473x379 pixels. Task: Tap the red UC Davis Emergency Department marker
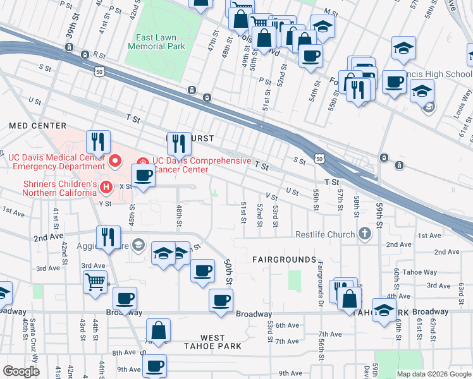(115, 162)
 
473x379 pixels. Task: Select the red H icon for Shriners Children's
(106, 186)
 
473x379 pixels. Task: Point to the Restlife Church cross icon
(364, 234)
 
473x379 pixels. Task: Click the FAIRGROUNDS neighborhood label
(284, 260)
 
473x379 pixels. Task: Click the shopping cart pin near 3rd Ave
(95, 282)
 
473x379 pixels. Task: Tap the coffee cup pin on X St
(143, 176)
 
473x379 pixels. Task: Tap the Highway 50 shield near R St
(99, 73)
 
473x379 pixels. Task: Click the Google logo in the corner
(20, 371)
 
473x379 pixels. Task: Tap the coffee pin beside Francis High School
(394, 82)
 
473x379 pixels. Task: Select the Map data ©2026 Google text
(434, 374)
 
